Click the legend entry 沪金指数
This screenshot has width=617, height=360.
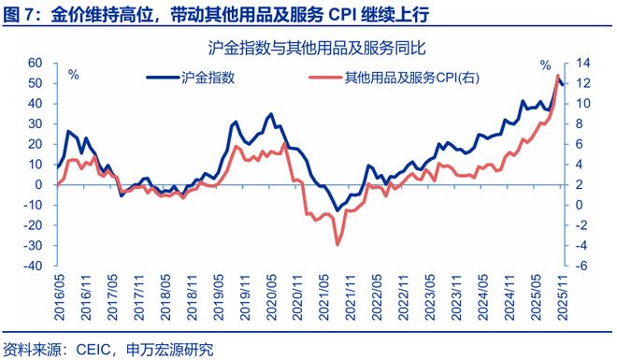(x=207, y=78)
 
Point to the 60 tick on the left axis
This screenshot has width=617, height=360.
(x=37, y=63)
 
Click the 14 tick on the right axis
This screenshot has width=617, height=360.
(x=581, y=63)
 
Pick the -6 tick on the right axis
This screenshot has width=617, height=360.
(x=579, y=266)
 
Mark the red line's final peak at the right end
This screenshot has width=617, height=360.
(x=557, y=76)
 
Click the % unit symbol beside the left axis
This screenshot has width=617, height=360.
(x=74, y=73)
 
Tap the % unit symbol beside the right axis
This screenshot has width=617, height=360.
(x=546, y=65)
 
